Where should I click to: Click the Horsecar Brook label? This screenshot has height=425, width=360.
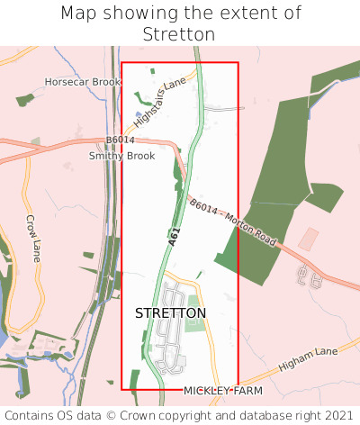83,82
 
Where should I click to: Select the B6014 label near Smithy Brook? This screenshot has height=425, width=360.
120,140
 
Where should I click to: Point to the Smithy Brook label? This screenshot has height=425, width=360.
121,156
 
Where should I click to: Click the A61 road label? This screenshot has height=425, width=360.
174,237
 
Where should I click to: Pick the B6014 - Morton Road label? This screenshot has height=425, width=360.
232,219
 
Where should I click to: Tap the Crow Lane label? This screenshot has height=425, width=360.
33,232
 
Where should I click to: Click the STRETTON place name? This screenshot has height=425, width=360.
170,313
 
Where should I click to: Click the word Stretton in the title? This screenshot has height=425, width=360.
179,34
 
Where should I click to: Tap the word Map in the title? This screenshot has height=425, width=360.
79,14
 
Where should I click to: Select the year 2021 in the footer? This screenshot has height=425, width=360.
337,416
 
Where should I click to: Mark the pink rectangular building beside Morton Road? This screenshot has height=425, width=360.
309,239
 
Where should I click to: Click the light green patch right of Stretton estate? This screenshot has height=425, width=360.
194,321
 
